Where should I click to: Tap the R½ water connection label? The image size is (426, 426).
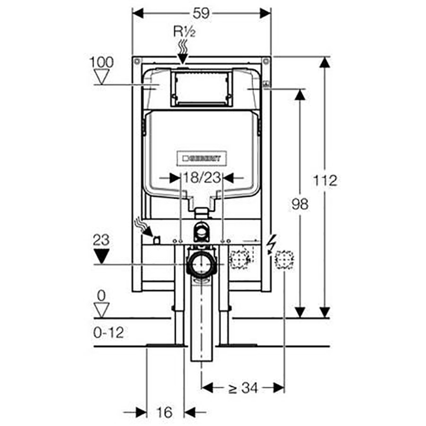tap(184, 31)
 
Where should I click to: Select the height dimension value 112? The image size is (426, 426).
tap(325, 181)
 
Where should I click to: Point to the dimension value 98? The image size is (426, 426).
tap(300, 204)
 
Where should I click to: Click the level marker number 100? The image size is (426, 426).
tap(102, 62)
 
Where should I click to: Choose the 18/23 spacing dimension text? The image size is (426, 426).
tap(202, 178)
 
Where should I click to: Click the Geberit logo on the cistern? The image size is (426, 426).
tap(202, 158)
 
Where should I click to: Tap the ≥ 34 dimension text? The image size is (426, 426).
tap(243, 388)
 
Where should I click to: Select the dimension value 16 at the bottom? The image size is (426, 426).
tap(165, 412)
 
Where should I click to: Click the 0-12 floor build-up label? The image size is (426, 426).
tap(109, 332)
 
